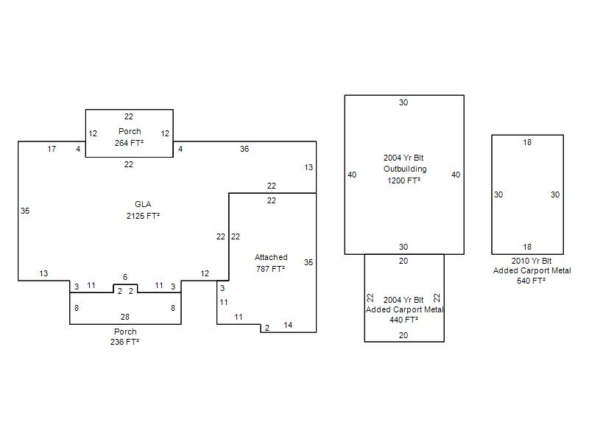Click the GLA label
pyautogui.click(x=143, y=204)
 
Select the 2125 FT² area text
pyautogui.click(x=143, y=216)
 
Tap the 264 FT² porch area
pyautogui.click(x=129, y=143)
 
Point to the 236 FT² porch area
pyautogui.click(x=125, y=342)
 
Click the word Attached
pyautogui.click(x=271, y=257)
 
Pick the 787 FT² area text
pyautogui.click(x=271, y=269)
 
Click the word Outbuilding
pyautogui.click(x=404, y=169)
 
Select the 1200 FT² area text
pyautogui.click(x=404, y=180)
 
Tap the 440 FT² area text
pyautogui.click(x=403, y=320)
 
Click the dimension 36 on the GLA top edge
pyautogui.click(x=244, y=149)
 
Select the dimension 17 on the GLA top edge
pyautogui.click(x=52, y=149)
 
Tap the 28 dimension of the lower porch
pyautogui.click(x=125, y=317)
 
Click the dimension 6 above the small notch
pyautogui.click(x=125, y=277)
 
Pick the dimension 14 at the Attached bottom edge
pyautogui.click(x=288, y=325)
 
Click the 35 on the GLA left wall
pyautogui.click(x=25, y=211)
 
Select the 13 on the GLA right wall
pyautogui.click(x=308, y=168)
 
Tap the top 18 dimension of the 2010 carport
pyautogui.click(x=527, y=142)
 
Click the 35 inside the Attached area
pyautogui.click(x=308, y=262)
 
